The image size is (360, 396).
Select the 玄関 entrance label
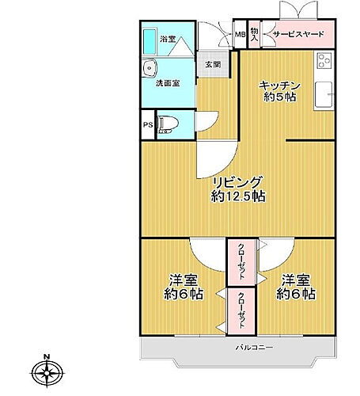213,66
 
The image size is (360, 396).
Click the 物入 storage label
255,34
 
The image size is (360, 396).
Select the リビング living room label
237,181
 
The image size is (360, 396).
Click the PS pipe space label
147,124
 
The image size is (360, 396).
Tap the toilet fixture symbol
168,124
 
